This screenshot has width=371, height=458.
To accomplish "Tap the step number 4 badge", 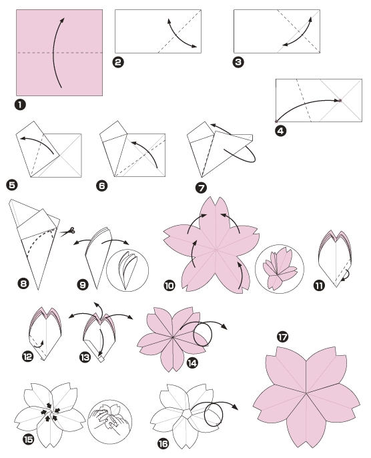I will (x=280, y=131).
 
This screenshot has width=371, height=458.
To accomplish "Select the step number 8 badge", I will (x=24, y=284).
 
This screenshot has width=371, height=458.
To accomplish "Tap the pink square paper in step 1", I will (x=60, y=52).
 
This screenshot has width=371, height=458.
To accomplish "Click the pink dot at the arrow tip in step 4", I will (x=340, y=101).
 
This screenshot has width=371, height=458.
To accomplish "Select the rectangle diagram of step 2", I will (x=159, y=31).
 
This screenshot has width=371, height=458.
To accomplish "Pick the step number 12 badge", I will (x=28, y=357).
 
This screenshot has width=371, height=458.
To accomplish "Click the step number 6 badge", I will (x=102, y=187).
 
